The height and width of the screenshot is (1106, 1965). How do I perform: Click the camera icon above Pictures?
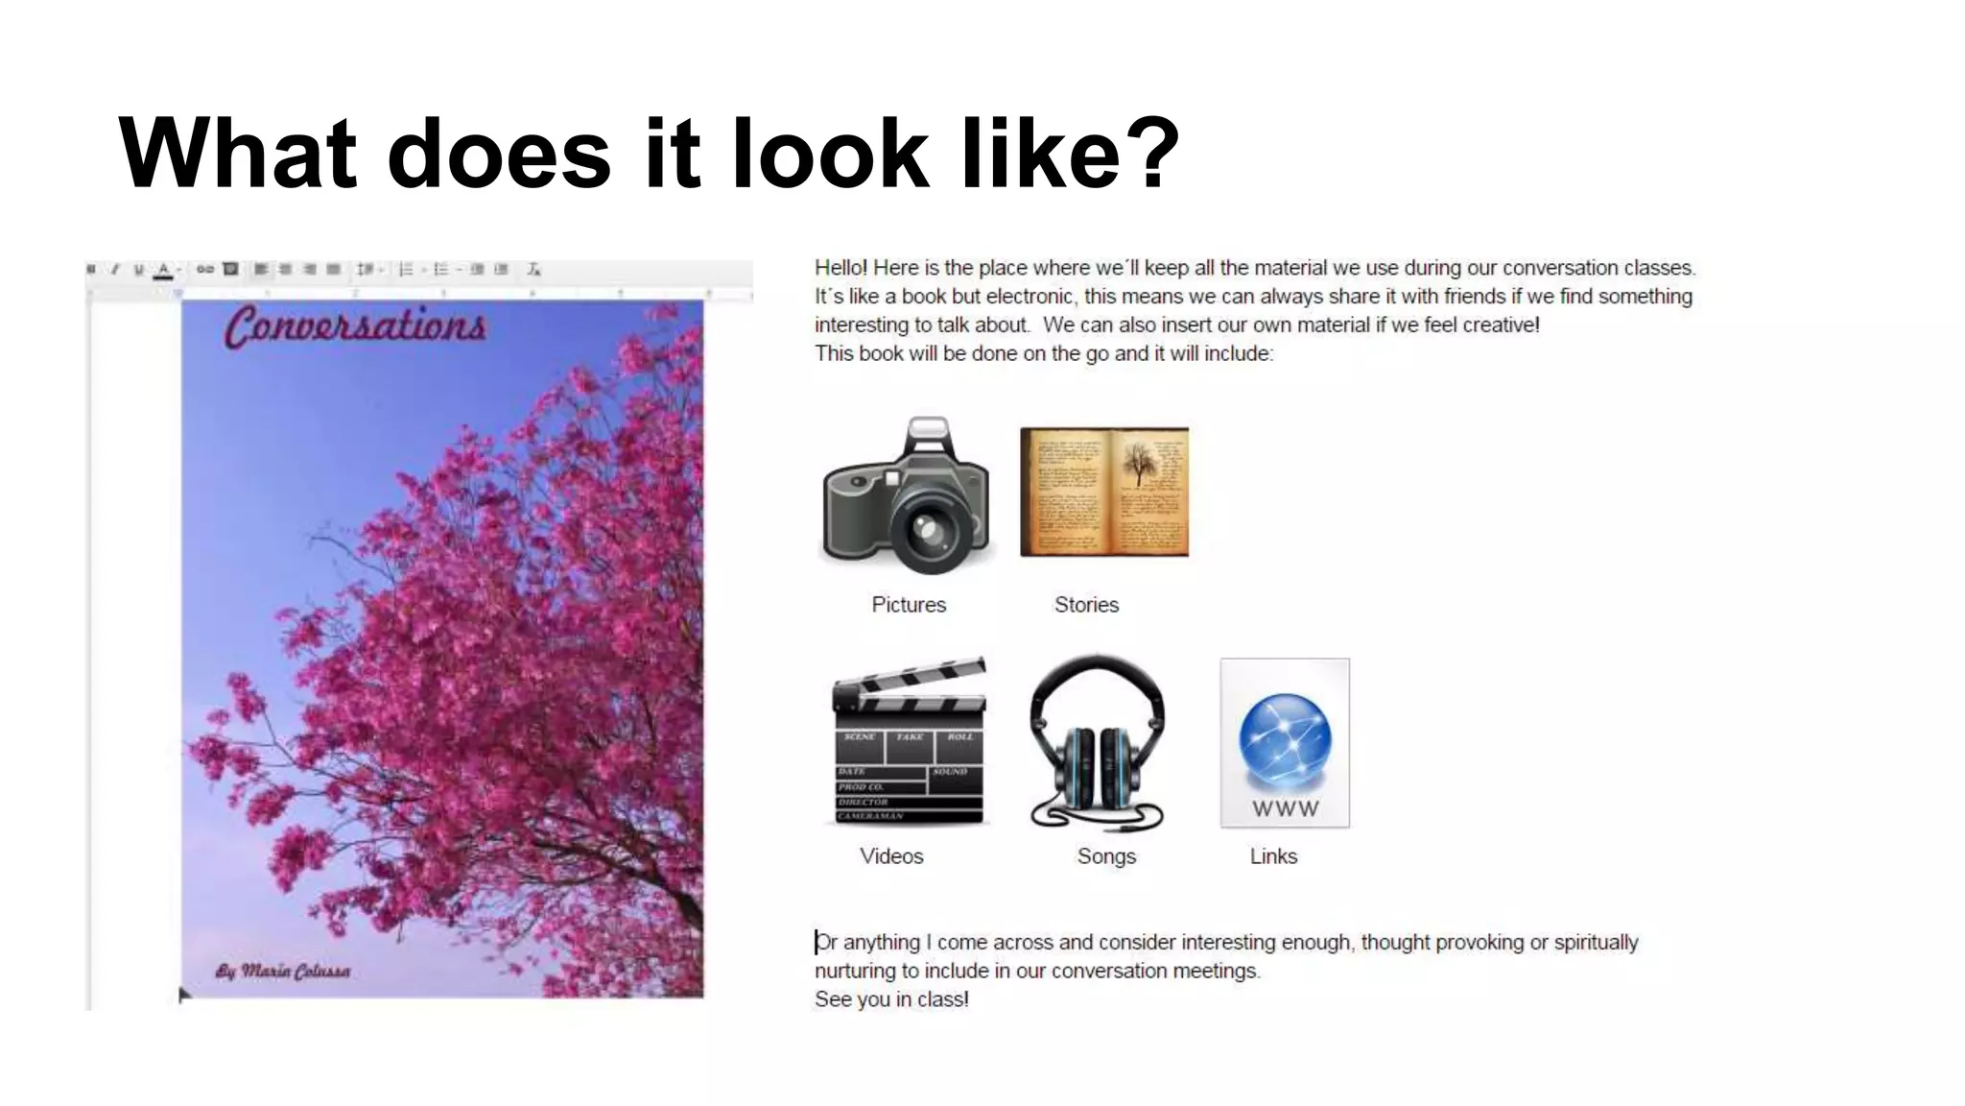[x=906, y=495]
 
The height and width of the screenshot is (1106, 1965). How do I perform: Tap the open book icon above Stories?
[x=1103, y=492]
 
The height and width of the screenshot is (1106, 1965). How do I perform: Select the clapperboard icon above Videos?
[x=909, y=741]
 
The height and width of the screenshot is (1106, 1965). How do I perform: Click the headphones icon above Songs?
[x=1098, y=742]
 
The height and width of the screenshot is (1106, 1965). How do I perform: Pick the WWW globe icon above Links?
[x=1285, y=742]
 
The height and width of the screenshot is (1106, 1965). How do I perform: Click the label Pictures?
[x=909, y=605]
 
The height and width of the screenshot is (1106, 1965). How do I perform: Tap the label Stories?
[x=1086, y=605]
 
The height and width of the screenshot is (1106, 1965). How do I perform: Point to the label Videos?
[x=891, y=856]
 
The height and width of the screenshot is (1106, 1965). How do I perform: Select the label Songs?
[x=1106, y=856]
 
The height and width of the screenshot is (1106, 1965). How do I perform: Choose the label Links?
[x=1273, y=856]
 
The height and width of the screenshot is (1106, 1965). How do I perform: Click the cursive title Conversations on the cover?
[x=356, y=326]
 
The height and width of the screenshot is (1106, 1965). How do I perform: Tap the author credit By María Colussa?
[x=283, y=971]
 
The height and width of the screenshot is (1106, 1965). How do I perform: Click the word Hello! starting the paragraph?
[x=840, y=268]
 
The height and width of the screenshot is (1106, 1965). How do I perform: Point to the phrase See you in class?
[x=891, y=999]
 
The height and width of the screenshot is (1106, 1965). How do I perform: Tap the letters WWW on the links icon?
[x=1285, y=809]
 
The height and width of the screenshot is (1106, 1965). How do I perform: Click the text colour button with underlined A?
[x=164, y=270]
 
